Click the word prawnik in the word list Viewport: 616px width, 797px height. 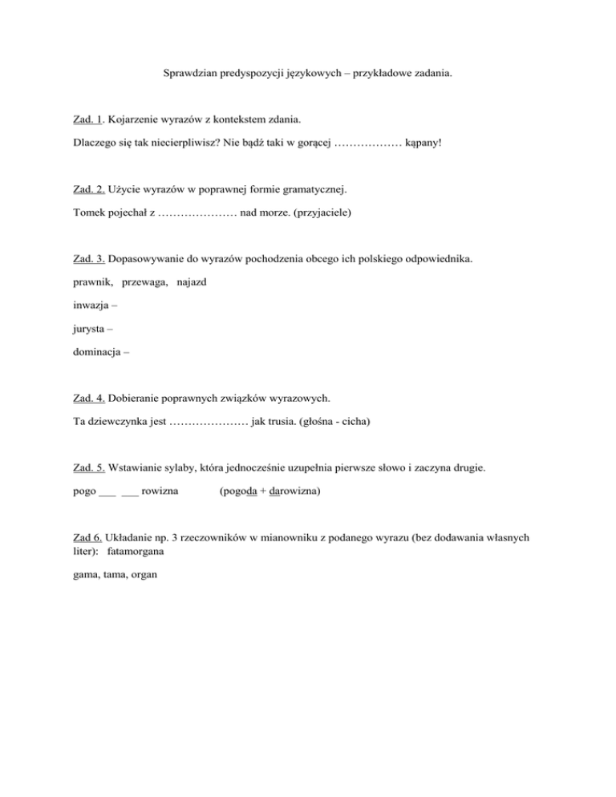(x=88, y=283)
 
